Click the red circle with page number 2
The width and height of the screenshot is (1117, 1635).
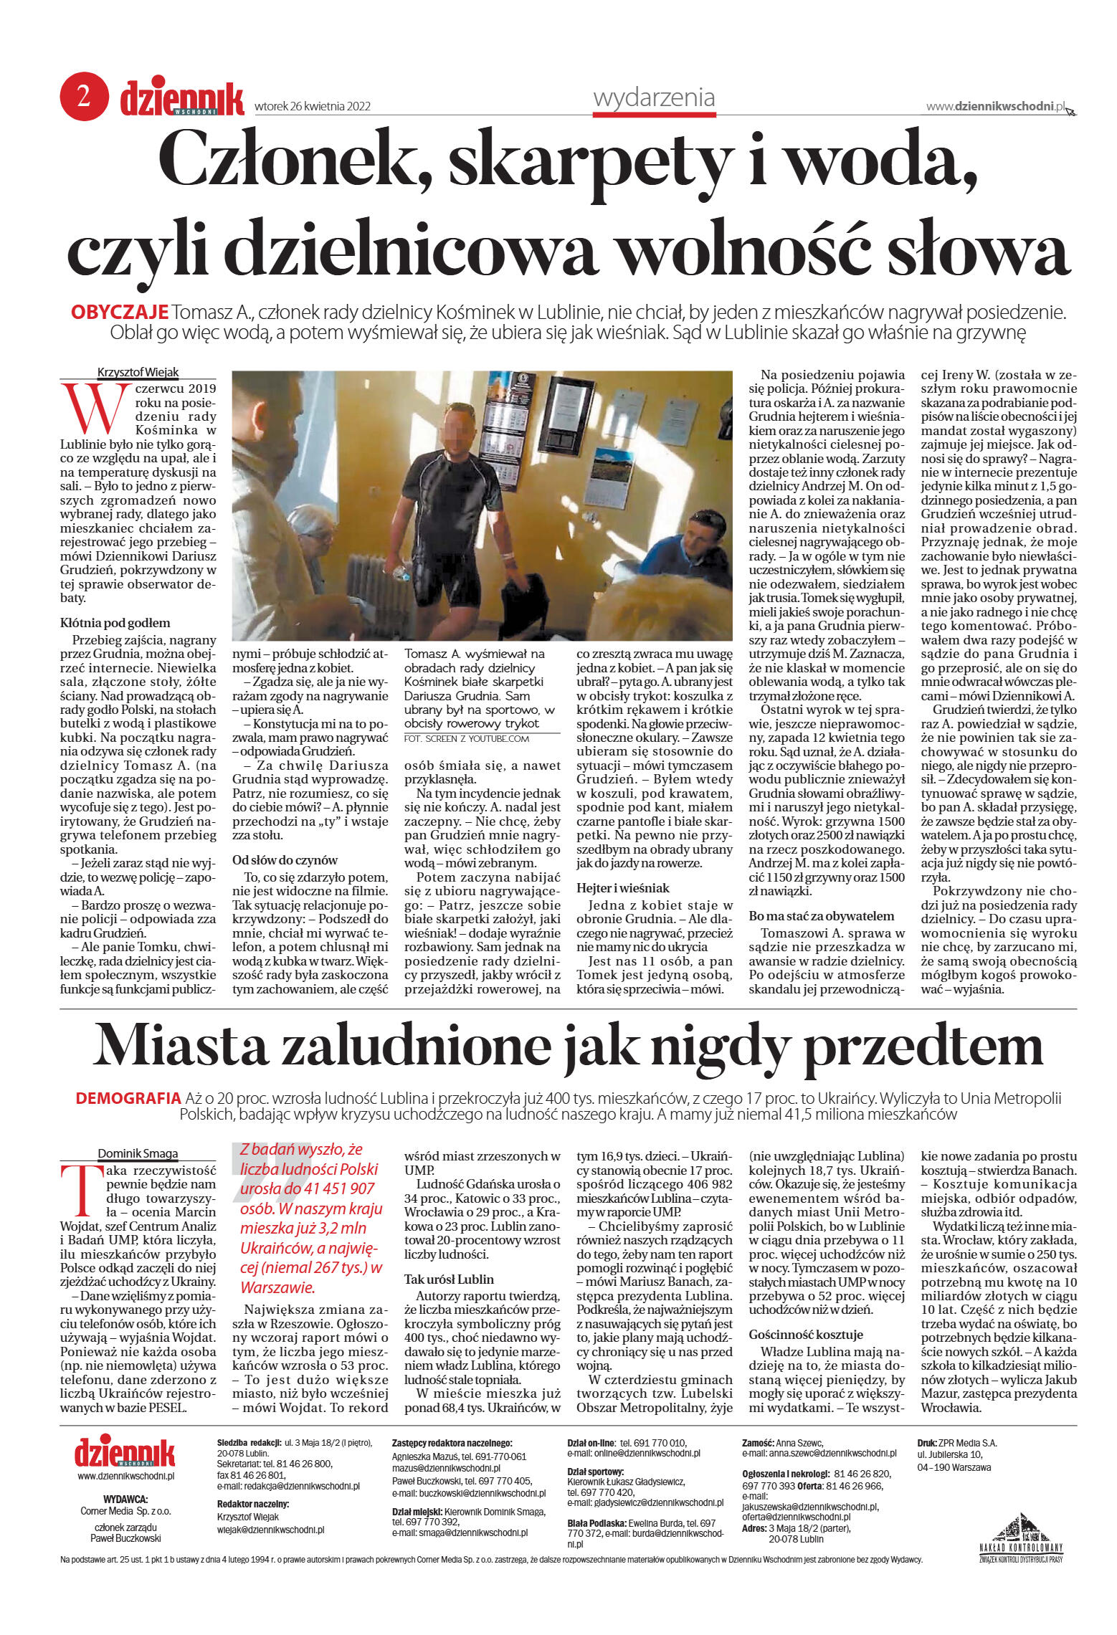(x=84, y=96)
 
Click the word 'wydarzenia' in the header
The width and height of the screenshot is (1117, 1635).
(x=653, y=97)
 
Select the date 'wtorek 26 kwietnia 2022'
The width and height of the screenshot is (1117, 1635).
(x=313, y=106)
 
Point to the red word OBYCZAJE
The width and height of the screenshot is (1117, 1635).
(x=120, y=313)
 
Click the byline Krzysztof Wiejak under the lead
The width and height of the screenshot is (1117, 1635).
(x=138, y=372)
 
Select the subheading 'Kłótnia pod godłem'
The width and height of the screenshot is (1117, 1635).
(x=115, y=623)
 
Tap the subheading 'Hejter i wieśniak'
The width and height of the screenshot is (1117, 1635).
(x=622, y=887)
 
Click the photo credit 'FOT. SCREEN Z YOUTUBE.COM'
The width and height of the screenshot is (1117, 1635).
(x=467, y=738)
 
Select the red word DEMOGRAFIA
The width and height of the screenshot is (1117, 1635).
(x=128, y=1098)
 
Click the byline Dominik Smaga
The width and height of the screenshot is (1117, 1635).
(x=138, y=1153)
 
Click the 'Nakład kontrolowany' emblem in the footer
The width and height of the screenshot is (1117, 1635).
(x=1021, y=1536)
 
